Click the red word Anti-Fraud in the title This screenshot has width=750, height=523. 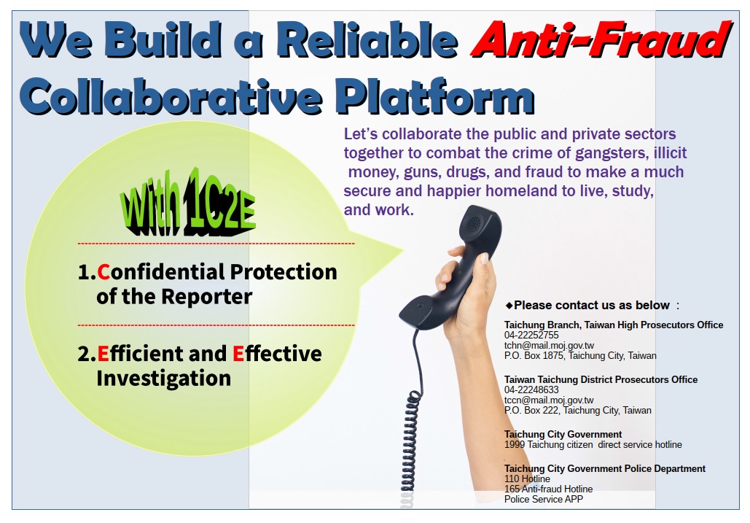(599, 39)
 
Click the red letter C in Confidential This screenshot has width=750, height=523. (103, 272)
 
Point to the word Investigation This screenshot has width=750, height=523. (163, 379)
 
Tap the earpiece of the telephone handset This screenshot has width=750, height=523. (481, 232)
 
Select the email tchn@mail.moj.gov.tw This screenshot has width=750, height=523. (549, 346)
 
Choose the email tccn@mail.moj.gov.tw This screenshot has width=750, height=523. (549, 400)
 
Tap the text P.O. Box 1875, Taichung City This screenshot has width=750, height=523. (580, 356)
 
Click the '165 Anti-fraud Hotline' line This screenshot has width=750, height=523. (548, 489)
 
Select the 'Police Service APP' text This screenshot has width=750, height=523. (543, 499)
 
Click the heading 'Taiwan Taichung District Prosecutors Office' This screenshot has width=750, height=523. (601, 379)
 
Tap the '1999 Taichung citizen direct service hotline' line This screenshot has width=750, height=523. (593, 444)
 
